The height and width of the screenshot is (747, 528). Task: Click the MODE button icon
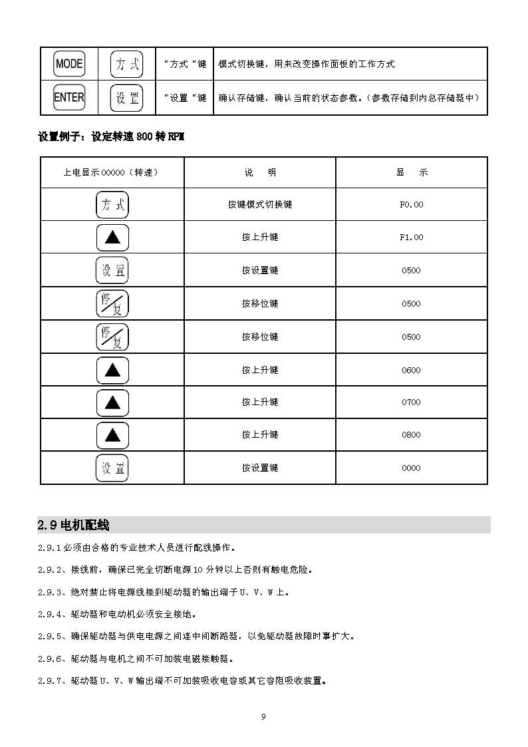[x=69, y=64]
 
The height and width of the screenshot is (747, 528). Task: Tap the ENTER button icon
[x=69, y=98]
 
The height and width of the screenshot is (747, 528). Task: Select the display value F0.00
[x=411, y=205]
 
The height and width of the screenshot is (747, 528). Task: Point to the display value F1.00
[x=411, y=237]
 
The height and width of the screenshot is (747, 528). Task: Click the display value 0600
[x=411, y=371]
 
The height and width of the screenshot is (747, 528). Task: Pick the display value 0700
[x=411, y=402]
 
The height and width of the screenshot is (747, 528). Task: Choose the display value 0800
[x=411, y=435]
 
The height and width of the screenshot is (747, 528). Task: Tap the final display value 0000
[x=411, y=468]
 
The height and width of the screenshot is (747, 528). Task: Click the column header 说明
[x=260, y=173]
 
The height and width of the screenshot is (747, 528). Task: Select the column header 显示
[x=412, y=173]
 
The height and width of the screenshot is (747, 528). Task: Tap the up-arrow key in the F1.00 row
[x=112, y=237]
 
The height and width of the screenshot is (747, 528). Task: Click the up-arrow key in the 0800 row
[x=112, y=435]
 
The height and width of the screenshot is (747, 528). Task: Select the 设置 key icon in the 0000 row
[x=112, y=468]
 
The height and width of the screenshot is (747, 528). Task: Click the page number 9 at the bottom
[x=264, y=716]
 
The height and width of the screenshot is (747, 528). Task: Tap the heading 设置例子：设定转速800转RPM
[x=111, y=137]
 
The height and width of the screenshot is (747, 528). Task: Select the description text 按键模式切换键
[x=260, y=205]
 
